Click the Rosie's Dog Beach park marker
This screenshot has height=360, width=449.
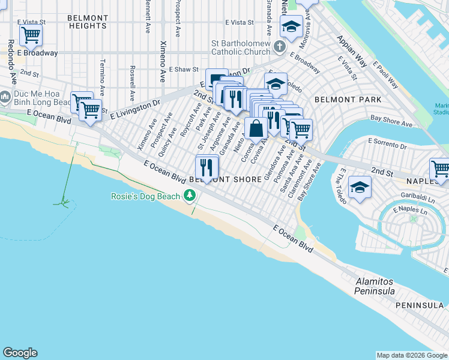(x=190, y=196)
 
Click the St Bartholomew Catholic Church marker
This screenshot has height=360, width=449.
(x=280, y=47)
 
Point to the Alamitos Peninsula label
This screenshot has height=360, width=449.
(x=375, y=286)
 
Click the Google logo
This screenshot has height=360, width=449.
(x=20, y=353)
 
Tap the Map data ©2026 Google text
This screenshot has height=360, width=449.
(x=411, y=355)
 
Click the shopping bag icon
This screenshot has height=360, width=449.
(x=256, y=128)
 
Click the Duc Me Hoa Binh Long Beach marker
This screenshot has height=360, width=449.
(x=5, y=97)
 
